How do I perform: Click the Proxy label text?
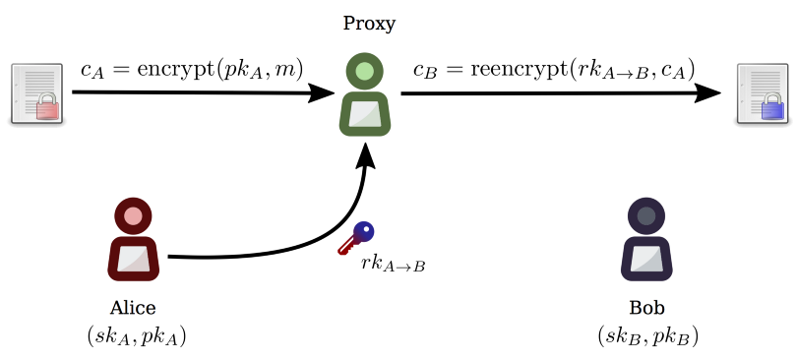[369, 23]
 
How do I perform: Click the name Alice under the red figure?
[133, 308]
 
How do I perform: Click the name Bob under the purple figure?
[645, 308]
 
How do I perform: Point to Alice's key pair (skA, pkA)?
[136, 336]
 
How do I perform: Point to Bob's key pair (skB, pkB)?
[647, 336]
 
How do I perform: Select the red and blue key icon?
[355, 238]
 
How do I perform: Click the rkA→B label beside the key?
[393, 264]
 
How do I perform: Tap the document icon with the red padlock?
[36, 94]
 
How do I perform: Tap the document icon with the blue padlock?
[763, 94]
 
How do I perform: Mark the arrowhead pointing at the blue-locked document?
[710, 93]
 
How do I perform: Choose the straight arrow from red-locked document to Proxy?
[197, 93]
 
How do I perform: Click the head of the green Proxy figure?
[365, 71]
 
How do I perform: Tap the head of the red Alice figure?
[134, 215]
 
